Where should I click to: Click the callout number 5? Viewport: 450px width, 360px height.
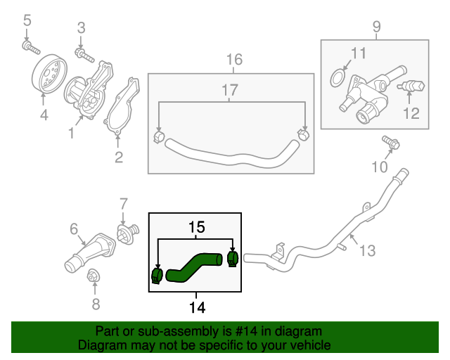click(27, 21)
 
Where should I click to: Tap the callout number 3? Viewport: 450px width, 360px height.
click(81, 28)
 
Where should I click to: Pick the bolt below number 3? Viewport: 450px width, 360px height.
click(82, 53)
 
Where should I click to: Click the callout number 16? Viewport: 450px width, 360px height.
click(234, 60)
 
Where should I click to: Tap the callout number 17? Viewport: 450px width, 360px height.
click(231, 89)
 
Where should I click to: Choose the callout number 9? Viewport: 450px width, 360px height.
click(377, 27)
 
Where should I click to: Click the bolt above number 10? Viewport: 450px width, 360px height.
click(392, 143)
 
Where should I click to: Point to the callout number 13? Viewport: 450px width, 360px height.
click(368, 250)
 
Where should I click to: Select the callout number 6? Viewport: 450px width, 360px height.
click(74, 229)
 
